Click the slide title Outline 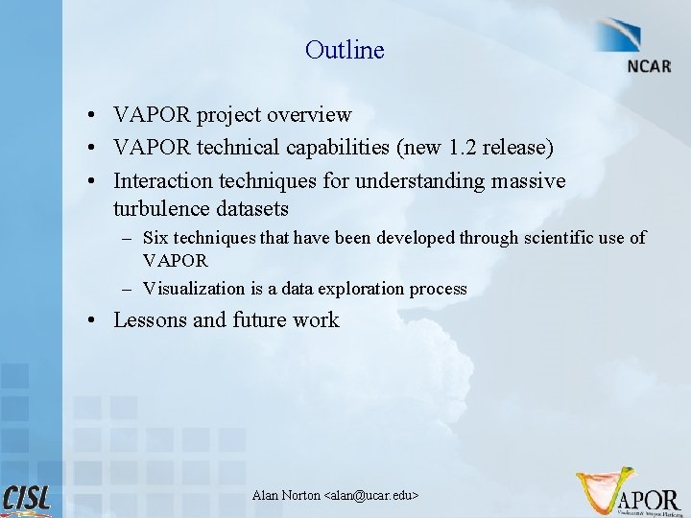click(345, 50)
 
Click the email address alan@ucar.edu click(372, 495)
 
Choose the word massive click(528, 180)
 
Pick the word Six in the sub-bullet click(155, 237)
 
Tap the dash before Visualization click(128, 289)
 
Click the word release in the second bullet click(515, 148)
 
